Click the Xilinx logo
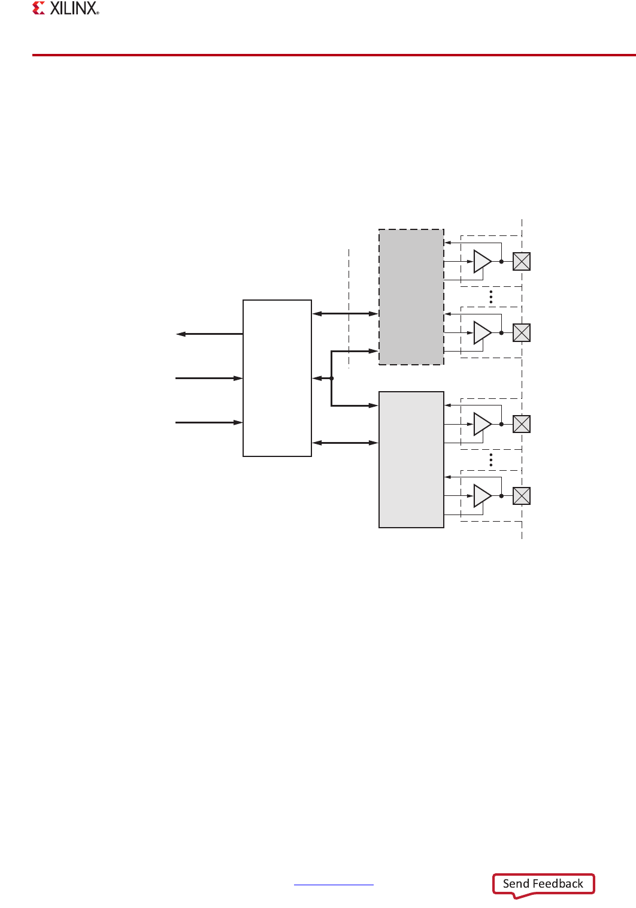pyautogui.click(x=66, y=8)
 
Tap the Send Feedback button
pyautogui.click(x=543, y=884)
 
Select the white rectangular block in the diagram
pyautogui.click(x=277, y=378)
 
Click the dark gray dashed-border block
pyautogui.click(x=411, y=297)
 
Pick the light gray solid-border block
pyautogui.click(x=411, y=459)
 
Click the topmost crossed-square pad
pyautogui.click(x=522, y=262)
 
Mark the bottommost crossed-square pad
pyautogui.click(x=522, y=496)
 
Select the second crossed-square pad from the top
pyautogui.click(x=522, y=333)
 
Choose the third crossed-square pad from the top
pyautogui.click(x=522, y=424)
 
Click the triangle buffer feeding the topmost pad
pyautogui.click(x=481, y=262)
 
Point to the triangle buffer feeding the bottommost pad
pyautogui.click(x=481, y=496)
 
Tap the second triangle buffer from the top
pyautogui.click(x=481, y=333)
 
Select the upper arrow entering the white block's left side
pyautogui.click(x=209, y=379)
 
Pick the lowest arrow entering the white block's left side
pyautogui.click(x=209, y=423)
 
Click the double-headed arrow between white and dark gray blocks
pyautogui.click(x=345, y=313)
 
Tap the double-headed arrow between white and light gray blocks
pyautogui.click(x=345, y=443)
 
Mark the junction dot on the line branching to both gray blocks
pyautogui.click(x=331, y=379)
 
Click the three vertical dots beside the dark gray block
pyautogui.click(x=491, y=297)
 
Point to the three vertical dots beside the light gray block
pyautogui.click(x=491, y=459)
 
